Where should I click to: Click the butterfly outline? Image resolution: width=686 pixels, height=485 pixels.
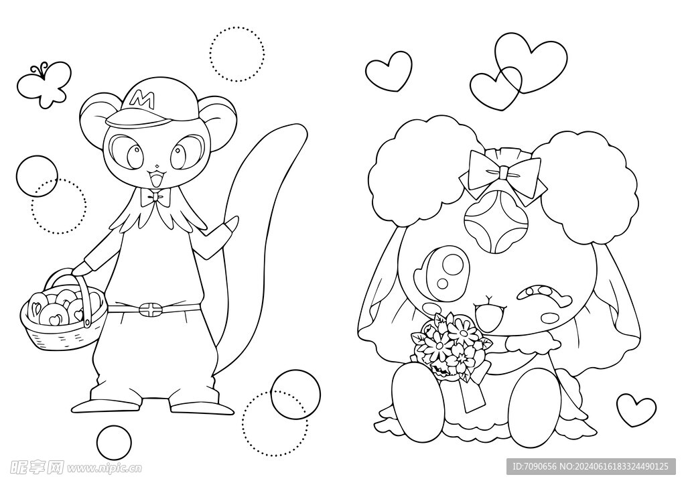[44, 85]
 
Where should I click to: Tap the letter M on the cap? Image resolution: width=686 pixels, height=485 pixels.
[143, 99]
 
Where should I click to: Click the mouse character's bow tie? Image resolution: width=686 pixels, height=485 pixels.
[155, 198]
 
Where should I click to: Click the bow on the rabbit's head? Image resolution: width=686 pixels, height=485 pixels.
[503, 174]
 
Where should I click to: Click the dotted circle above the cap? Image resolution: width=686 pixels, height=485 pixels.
[236, 54]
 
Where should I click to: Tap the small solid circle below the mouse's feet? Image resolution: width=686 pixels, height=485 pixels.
[114, 441]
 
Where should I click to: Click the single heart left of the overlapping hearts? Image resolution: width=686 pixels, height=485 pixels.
[388, 71]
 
